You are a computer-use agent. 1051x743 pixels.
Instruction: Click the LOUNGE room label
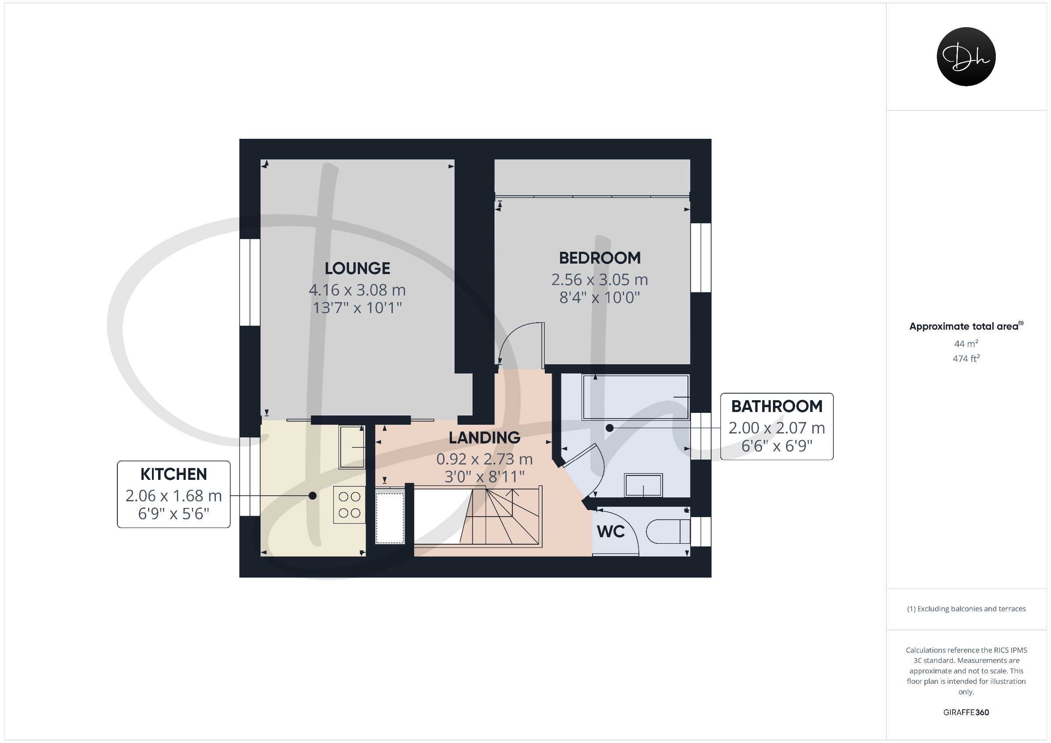pyautogui.click(x=357, y=268)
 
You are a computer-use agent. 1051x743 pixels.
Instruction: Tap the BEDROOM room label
pyautogui.click(x=600, y=258)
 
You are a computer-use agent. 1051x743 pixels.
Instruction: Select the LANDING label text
pyautogui.click(x=484, y=438)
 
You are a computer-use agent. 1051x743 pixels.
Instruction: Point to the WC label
pyautogui.click(x=610, y=532)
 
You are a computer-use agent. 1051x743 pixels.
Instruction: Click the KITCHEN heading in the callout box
pyautogui.click(x=173, y=474)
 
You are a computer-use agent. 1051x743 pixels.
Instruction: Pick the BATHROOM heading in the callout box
pyautogui.click(x=777, y=406)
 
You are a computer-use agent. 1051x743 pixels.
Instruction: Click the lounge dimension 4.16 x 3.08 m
pyautogui.click(x=357, y=290)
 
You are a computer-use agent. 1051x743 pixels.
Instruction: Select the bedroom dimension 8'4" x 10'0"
pyautogui.click(x=600, y=298)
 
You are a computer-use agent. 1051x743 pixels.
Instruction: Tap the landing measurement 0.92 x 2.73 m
pyautogui.click(x=484, y=459)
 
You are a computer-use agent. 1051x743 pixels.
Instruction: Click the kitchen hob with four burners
pyautogui.click(x=349, y=504)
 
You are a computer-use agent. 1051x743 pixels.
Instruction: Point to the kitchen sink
pyautogui.click(x=352, y=447)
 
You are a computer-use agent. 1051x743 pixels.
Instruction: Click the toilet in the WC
pyautogui.click(x=668, y=532)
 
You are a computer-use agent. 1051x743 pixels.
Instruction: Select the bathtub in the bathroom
pyautogui.click(x=635, y=397)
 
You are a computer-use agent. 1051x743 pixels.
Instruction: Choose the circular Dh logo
pyautogui.click(x=966, y=57)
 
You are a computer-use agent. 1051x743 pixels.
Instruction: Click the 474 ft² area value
pyautogui.click(x=966, y=359)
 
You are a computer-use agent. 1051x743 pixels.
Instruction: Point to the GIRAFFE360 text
pyautogui.click(x=966, y=712)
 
